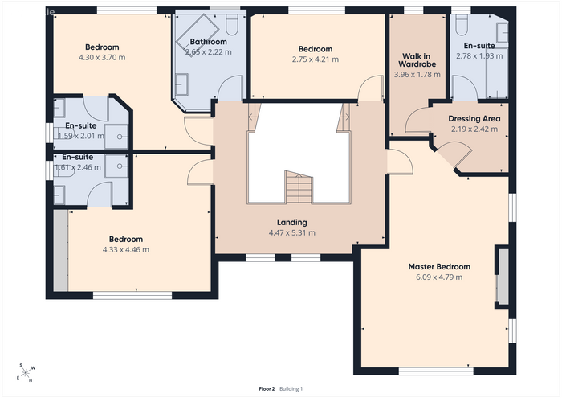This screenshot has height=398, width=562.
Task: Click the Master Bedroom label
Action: [x=439, y=267]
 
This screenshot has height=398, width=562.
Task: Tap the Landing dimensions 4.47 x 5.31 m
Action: [x=292, y=232]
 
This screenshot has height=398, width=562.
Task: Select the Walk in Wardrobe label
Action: [x=417, y=60]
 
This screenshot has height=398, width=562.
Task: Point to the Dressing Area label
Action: [x=474, y=119]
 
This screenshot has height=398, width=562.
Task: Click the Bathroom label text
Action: [x=208, y=42]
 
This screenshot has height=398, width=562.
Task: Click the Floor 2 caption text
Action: [x=267, y=388]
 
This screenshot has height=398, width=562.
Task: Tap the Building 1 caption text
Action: [x=291, y=388]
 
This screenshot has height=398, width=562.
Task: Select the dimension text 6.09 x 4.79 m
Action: [x=439, y=277]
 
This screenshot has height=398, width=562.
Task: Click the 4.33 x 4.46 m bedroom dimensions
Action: [x=126, y=250]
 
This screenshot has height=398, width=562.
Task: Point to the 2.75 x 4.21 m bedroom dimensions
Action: [x=316, y=59]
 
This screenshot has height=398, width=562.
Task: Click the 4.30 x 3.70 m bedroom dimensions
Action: [x=102, y=57]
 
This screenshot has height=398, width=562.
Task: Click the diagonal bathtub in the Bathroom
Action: [x=198, y=34]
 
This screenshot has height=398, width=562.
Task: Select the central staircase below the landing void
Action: [x=299, y=187]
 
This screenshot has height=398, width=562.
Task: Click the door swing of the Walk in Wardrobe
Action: [x=418, y=121]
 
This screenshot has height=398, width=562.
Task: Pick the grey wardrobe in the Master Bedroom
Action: [x=503, y=277]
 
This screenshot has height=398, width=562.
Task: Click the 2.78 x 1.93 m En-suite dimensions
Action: [x=479, y=56]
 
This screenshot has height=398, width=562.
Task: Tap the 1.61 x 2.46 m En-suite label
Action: [x=78, y=167]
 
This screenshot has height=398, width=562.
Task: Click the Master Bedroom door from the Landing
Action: [x=400, y=162]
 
